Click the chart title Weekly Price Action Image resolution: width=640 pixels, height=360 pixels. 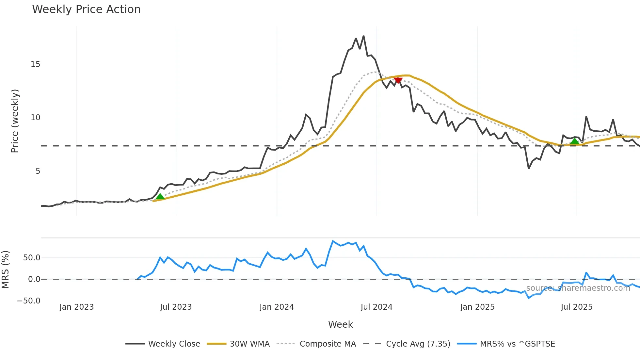coord(86,9)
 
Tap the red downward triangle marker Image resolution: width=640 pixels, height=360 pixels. coord(398,80)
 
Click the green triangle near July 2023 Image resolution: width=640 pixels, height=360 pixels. coord(160,196)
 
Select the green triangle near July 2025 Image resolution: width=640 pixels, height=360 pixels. coord(575,141)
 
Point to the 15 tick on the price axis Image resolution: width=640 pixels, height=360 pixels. coord(35,64)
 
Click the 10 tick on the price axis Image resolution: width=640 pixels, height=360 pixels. coord(35,118)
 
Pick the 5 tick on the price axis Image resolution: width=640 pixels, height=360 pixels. coord(38,171)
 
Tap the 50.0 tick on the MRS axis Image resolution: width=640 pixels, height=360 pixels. coord(32,258)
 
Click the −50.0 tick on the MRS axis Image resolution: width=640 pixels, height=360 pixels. coord(29,301)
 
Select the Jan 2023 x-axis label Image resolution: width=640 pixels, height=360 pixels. coord(76,307)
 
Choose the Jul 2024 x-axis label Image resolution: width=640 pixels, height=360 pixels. coord(376,307)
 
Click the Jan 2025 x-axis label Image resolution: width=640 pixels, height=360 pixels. coord(477,307)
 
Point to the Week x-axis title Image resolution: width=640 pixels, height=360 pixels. coord(340,324)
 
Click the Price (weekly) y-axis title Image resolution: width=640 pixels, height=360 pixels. coord(15,121)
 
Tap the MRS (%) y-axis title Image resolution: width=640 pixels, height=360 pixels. coord(6,270)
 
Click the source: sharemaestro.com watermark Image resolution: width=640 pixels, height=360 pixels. coord(578,288)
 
